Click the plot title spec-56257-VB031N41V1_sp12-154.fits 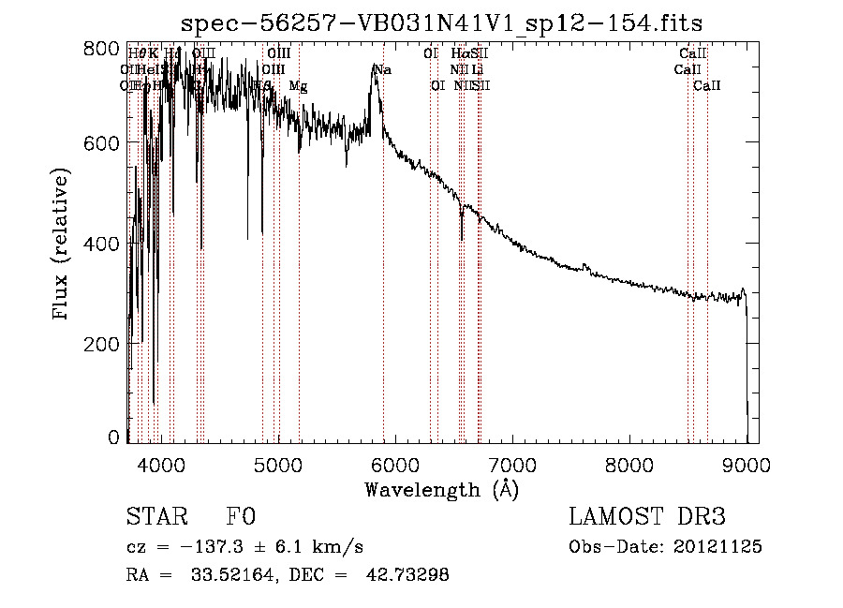[x=441, y=22]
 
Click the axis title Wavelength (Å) [x=441, y=489]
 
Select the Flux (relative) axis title [x=63, y=245]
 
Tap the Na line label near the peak [x=382, y=69]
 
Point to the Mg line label [x=298, y=86]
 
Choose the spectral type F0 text [x=242, y=517]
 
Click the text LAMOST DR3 [x=647, y=517]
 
